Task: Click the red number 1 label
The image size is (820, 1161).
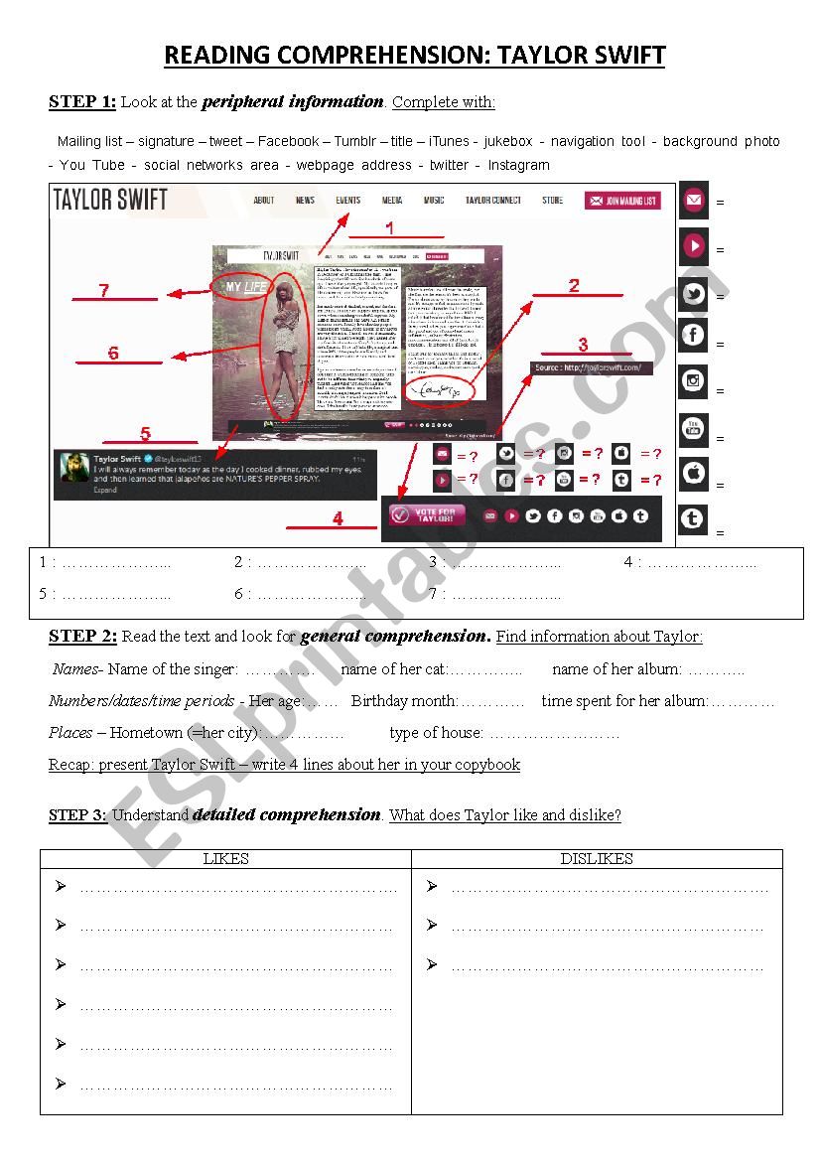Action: pyautogui.click(x=389, y=227)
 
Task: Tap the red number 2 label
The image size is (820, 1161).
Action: pyautogui.click(x=574, y=286)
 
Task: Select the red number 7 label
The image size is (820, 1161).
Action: pyautogui.click(x=103, y=290)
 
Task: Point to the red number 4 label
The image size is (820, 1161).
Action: pyautogui.click(x=338, y=518)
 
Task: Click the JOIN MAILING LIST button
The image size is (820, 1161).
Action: pyautogui.click(x=622, y=201)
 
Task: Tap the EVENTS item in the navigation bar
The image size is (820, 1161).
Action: pyautogui.click(x=347, y=201)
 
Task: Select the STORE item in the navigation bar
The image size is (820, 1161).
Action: pyautogui.click(x=552, y=201)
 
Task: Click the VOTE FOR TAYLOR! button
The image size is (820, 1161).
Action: pyautogui.click(x=428, y=515)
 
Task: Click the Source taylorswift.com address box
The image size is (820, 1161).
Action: pyautogui.click(x=593, y=367)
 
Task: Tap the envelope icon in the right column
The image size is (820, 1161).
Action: pyautogui.click(x=693, y=201)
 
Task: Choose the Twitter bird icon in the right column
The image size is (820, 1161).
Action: pyautogui.click(x=693, y=294)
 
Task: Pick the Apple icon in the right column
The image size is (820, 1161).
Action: pyautogui.click(x=693, y=473)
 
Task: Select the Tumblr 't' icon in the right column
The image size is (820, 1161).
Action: pyautogui.click(x=693, y=518)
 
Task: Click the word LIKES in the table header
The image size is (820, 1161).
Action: pyautogui.click(x=225, y=859)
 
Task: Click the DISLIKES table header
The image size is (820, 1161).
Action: pyautogui.click(x=597, y=859)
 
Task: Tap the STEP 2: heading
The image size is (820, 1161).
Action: pyautogui.click(x=82, y=636)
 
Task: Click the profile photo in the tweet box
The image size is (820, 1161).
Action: pyautogui.click(x=74, y=468)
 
